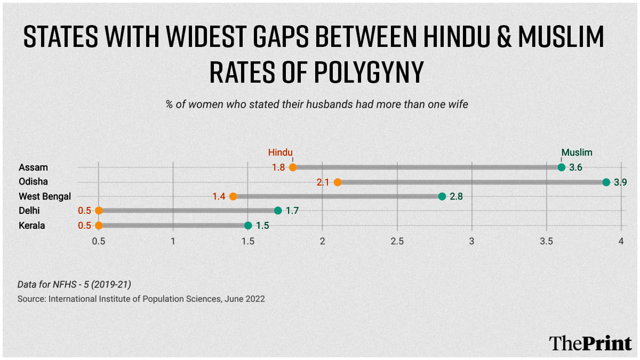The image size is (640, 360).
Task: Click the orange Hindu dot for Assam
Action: (293, 167)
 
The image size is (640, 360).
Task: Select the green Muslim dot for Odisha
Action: (606, 182)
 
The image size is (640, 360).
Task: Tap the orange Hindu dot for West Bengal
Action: (233, 196)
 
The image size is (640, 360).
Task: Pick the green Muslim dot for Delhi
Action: (278, 211)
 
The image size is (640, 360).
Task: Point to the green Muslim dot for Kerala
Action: (248, 226)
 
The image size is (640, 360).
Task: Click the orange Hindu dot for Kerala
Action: (99, 226)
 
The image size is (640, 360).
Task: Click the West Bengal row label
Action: (45, 196)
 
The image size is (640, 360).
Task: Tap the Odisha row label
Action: (33, 182)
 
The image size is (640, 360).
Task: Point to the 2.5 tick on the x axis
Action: (397, 241)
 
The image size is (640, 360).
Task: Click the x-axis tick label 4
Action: (621, 241)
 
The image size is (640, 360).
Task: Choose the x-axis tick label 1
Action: (173, 241)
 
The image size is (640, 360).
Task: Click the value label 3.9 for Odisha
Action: (620, 182)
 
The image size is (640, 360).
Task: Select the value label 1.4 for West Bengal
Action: (219, 196)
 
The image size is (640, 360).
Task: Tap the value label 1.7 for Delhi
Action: (292, 211)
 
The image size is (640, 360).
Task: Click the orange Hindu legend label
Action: (281, 153)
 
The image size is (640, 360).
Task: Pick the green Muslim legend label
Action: (577, 153)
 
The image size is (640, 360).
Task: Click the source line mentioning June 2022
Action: (141, 299)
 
